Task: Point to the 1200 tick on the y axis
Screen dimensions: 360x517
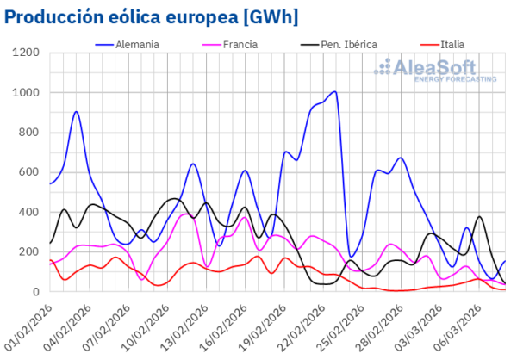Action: (x=27, y=53)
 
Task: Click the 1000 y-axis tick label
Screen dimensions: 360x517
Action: (x=27, y=93)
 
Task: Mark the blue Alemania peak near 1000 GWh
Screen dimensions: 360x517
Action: (x=334, y=91)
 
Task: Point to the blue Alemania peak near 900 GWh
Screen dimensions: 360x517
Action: (x=77, y=112)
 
